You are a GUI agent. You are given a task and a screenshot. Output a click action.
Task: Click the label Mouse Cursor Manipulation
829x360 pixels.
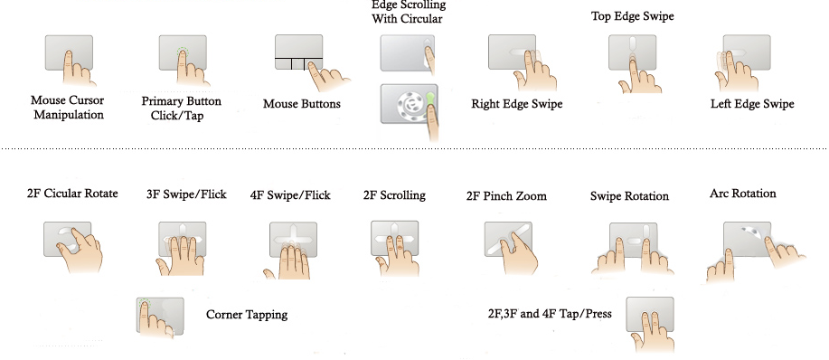pyautogui.click(x=68, y=108)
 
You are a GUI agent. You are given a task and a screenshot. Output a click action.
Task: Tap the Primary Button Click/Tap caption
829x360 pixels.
pyautogui.click(x=181, y=108)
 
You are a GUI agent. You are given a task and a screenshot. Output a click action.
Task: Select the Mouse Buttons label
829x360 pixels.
pyautogui.click(x=302, y=104)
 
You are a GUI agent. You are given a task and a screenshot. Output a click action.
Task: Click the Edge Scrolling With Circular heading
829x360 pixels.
pyautogui.click(x=408, y=12)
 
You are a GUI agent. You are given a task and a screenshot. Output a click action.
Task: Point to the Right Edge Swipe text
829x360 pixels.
pyautogui.click(x=516, y=104)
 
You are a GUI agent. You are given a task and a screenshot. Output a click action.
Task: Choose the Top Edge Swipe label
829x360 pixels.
pyautogui.click(x=632, y=16)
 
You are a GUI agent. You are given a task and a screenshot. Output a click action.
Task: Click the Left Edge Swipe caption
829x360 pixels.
pyautogui.click(x=752, y=104)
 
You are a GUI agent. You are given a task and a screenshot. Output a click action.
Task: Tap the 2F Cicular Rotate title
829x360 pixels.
pyautogui.click(x=72, y=194)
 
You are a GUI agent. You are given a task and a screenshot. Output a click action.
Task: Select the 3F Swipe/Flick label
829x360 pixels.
pyautogui.click(x=186, y=194)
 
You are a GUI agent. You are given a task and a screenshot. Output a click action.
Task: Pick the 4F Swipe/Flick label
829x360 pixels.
pyautogui.click(x=290, y=195)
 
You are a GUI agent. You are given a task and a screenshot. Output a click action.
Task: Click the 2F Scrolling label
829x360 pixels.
pyautogui.click(x=394, y=195)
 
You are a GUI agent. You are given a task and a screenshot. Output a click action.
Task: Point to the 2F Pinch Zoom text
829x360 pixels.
pyautogui.click(x=506, y=196)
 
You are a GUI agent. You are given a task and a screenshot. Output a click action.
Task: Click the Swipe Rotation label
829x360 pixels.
pyautogui.click(x=629, y=196)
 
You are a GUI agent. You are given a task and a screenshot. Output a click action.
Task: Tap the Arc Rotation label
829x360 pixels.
pyautogui.click(x=743, y=194)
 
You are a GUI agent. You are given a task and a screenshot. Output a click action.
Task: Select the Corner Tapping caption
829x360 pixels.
pyautogui.click(x=247, y=315)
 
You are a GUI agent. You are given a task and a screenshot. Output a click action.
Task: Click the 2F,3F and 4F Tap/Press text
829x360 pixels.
pyautogui.click(x=550, y=314)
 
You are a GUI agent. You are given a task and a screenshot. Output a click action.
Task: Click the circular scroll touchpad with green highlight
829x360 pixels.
pyautogui.click(x=410, y=104)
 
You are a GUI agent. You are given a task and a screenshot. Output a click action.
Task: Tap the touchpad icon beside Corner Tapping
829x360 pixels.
pyautogui.click(x=160, y=316)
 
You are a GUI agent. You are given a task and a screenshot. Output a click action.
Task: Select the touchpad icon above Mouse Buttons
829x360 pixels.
pyautogui.click(x=298, y=52)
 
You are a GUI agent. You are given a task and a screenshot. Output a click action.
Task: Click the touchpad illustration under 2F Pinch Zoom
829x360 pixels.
pyautogui.click(x=508, y=240)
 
